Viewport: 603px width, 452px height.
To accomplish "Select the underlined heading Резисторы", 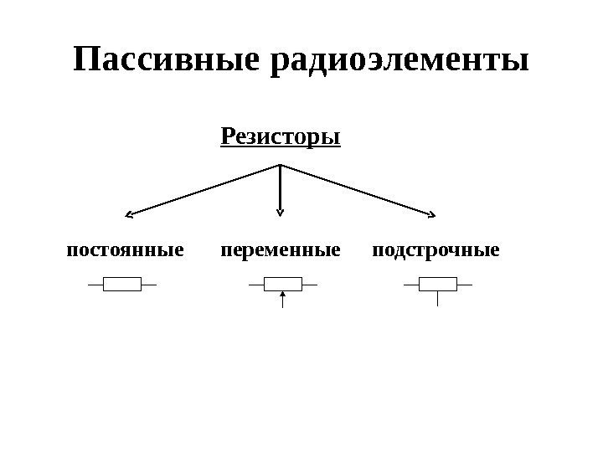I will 280,136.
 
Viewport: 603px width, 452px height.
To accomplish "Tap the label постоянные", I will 124,250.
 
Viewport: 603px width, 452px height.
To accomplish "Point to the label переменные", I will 281,250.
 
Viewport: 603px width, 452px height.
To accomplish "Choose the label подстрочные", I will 435,250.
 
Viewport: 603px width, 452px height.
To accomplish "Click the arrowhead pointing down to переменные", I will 280,212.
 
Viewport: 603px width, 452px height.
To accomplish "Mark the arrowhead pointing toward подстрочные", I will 430,214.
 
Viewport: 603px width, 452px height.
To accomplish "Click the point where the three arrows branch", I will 280,165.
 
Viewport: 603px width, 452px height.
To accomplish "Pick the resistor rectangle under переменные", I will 283,285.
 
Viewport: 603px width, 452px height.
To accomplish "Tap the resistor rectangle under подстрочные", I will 437,285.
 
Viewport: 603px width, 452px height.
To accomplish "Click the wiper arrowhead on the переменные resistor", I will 283,294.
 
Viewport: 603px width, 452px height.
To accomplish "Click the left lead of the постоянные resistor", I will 95,285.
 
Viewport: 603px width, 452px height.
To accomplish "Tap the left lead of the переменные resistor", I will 256,285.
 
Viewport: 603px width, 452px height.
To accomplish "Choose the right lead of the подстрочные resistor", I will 465,285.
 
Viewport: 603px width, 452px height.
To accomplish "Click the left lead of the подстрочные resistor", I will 410,285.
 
